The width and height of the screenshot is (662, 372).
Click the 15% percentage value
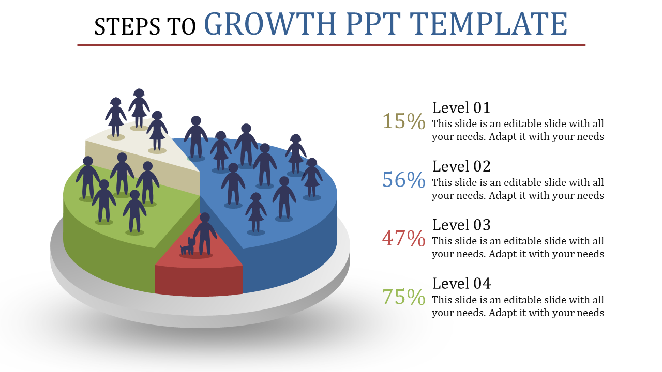[403, 121]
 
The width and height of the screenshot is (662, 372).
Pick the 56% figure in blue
[403, 180]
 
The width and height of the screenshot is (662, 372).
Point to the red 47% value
[403, 238]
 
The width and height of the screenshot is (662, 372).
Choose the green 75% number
[403, 297]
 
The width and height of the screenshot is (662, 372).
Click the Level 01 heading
[461, 108]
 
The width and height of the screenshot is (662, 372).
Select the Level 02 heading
[461, 166]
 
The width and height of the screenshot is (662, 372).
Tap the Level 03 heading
[461, 225]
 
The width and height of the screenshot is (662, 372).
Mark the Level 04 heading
[461, 283]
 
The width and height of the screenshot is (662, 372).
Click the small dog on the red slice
[188, 246]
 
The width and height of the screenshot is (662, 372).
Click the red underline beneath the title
[331, 45]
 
